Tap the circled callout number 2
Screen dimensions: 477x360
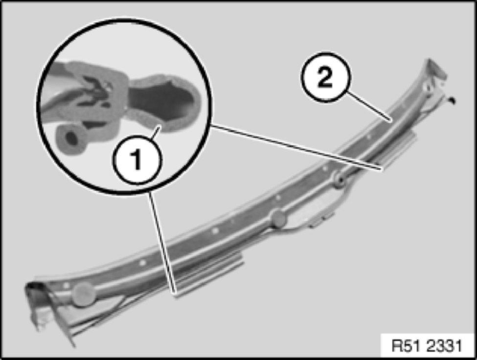pos(325,77)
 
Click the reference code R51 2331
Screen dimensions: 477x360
pos(427,346)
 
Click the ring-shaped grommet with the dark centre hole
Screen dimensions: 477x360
pos(340,180)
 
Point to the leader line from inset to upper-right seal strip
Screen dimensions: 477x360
pos(296,148)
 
